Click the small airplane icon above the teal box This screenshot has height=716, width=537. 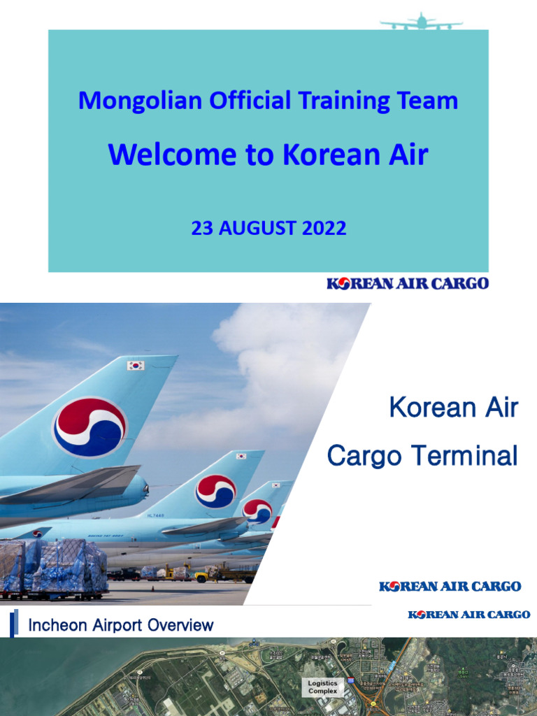[x=421, y=22]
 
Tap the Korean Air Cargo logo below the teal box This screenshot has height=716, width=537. [x=408, y=283]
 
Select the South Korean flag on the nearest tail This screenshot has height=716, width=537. [x=135, y=365]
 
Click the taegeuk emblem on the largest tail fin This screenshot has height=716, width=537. [x=90, y=427]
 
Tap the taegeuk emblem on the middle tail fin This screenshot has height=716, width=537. [x=216, y=491]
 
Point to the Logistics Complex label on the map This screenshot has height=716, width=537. [x=323, y=687]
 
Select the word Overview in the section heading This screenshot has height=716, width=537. [x=182, y=624]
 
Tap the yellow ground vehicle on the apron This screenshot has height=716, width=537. [x=202, y=576]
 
